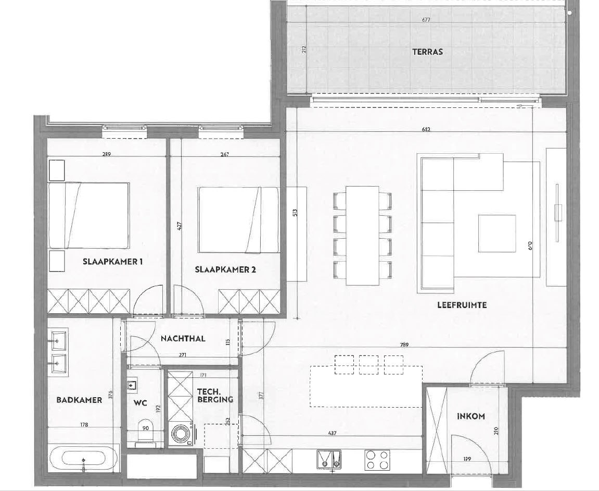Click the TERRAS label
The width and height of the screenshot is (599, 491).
pos(427,52)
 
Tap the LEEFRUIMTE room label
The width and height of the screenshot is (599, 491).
pos(462,305)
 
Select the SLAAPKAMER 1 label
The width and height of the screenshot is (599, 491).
pos(113,262)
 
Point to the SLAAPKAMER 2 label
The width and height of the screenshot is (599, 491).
pos(225,269)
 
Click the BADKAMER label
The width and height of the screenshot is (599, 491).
pos(79,400)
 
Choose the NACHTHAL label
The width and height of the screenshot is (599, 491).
pos(183,339)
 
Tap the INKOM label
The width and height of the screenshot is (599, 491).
pos(471,416)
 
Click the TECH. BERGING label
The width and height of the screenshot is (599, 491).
pos(215,396)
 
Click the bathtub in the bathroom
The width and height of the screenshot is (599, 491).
pos(84,459)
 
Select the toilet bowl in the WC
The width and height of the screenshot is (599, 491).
pos(145,433)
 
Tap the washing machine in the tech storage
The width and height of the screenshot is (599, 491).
pos(181,434)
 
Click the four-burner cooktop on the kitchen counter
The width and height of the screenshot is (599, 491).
pos(377,460)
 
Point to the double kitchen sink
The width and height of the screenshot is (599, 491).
pos(329,459)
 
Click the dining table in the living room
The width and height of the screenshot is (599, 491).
pos(363,236)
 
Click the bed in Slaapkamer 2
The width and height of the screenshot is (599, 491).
pos(238,220)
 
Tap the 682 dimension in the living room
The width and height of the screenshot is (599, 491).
pos(426,129)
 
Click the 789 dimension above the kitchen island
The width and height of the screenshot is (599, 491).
pos(404,345)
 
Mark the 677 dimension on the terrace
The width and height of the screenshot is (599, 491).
pos(426,20)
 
